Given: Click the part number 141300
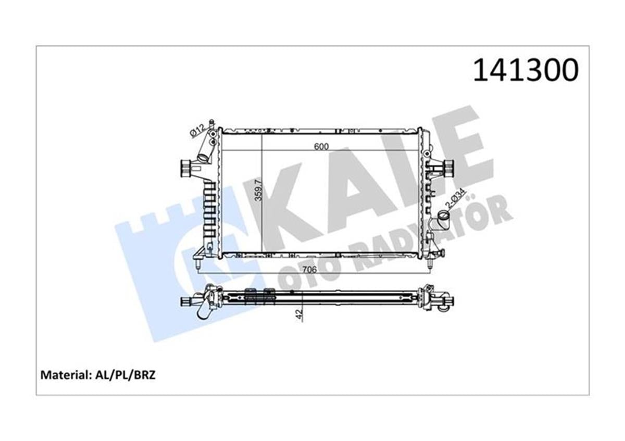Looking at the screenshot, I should (525, 70).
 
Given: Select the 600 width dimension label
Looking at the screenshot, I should (321, 147).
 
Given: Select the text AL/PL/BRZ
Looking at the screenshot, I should (125, 375).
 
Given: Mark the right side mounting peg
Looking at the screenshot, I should (447, 167).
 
